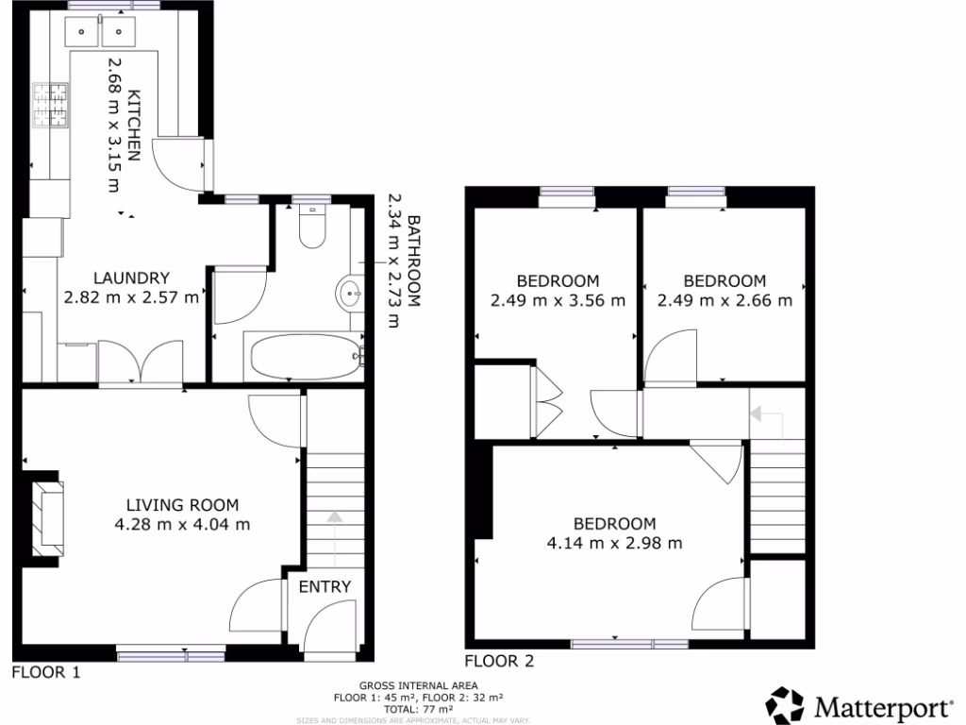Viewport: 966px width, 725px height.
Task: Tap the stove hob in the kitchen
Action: pos(52,106)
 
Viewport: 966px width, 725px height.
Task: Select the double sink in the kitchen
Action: pos(99,34)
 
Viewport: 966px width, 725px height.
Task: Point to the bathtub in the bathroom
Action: pos(304,356)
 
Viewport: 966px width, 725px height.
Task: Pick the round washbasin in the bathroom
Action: pos(349,294)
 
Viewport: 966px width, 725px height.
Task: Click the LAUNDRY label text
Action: pos(131,278)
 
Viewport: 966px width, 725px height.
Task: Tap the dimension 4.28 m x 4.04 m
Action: pos(183,524)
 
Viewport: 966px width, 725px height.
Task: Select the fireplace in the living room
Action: pos(46,517)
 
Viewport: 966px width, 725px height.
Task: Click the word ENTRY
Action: pos(325,586)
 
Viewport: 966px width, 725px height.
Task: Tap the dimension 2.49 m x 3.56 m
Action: pos(557,300)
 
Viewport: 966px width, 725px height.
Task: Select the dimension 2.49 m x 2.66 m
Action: pos(724,300)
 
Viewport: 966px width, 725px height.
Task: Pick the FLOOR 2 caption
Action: pos(499,661)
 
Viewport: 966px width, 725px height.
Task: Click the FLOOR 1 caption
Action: pos(45,672)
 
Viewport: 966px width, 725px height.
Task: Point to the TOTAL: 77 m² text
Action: pos(417,708)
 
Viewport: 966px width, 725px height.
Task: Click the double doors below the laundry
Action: pos(141,362)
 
